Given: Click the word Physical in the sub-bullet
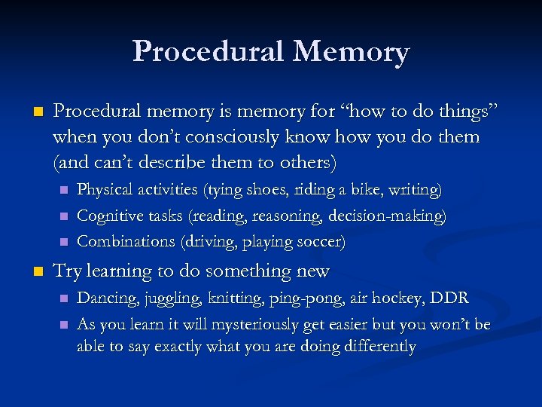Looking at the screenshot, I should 103,190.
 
